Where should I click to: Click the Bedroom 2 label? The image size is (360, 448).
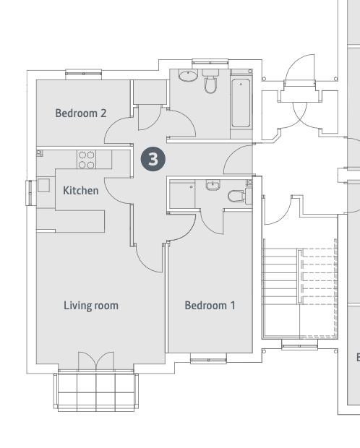point(81,113)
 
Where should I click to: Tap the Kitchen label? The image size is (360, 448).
point(81,191)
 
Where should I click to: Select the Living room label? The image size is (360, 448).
point(91,306)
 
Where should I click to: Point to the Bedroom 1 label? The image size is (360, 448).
point(210,306)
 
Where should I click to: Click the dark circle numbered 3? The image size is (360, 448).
point(153,159)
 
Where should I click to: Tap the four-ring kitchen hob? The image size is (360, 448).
point(86,160)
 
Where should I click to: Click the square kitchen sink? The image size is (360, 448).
point(43,185)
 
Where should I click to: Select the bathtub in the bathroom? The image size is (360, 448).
point(241,103)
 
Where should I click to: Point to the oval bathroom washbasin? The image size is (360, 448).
point(188,75)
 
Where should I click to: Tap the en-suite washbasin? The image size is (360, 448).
point(213,185)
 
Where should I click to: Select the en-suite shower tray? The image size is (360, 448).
point(182,194)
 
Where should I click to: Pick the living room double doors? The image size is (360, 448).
point(96,361)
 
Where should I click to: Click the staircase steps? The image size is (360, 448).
point(299,276)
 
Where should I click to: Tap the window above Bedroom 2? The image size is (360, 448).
point(84,74)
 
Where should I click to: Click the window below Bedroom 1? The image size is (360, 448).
point(208,358)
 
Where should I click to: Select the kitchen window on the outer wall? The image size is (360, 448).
point(30,193)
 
